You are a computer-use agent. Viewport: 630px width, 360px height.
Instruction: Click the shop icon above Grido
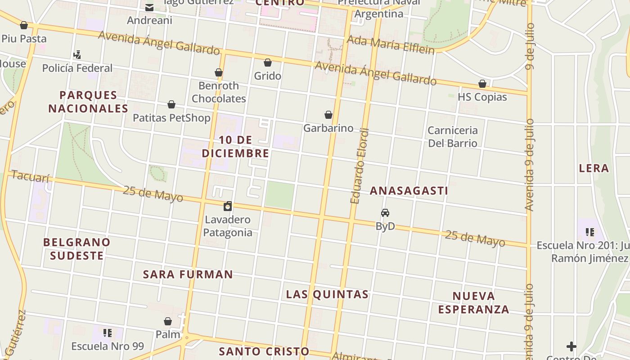pos(268,63)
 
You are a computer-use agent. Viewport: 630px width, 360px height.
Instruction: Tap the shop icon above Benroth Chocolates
pos(219,72)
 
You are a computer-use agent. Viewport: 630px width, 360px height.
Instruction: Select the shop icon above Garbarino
pos(328,115)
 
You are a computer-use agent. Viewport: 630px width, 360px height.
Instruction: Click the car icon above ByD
pos(385,213)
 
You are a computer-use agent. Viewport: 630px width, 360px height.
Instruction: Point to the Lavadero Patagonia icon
pos(228,207)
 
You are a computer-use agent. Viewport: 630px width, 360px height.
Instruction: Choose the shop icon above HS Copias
pos(482,84)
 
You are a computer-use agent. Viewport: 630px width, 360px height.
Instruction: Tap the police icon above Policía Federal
pos(77,55)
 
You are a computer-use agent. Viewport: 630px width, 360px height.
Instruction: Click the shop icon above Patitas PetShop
pos(171,105)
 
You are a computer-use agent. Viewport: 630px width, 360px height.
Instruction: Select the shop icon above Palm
pos(168,321)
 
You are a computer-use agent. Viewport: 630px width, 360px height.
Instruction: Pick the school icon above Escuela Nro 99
pos(108,333)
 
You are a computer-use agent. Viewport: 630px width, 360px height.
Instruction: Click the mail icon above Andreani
pos(149,7)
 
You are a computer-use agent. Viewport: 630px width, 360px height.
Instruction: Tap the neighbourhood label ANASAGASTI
pos(409,191)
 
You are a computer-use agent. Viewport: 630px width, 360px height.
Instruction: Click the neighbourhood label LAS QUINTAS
pos(327,294)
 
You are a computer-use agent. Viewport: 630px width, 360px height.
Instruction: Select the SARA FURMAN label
pos(188,274)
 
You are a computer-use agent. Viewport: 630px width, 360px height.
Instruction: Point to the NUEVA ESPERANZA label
pos(473,302)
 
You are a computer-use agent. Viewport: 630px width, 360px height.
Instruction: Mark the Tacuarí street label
pos(30,176)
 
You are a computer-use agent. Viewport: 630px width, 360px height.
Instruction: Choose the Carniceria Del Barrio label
pos(452,137)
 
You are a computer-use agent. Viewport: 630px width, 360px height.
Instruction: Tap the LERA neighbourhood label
pos(594,168)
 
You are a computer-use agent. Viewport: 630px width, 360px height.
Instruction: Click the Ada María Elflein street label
pos(391,45)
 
